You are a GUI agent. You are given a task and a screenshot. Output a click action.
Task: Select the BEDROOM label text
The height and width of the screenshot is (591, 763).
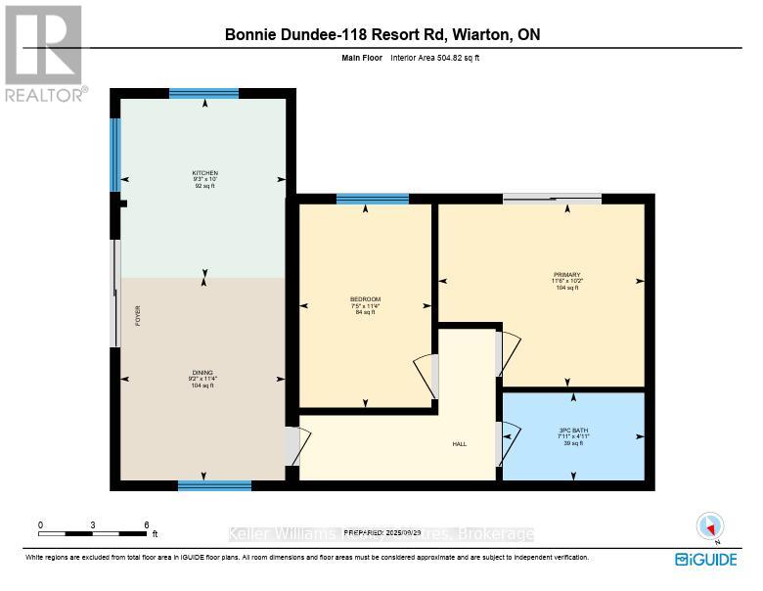point(365,298)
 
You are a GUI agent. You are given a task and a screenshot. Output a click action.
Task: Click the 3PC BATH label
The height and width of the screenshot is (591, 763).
point(573,431)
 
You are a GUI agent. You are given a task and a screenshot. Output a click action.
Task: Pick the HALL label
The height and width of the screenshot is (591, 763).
point(459,444)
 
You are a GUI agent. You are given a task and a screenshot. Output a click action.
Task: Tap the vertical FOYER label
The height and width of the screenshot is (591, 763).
point(138,315)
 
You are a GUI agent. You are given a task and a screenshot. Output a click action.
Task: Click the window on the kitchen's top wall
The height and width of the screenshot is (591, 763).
point(203,94)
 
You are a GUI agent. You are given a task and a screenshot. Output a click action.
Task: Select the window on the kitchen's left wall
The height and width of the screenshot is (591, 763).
point(115,155)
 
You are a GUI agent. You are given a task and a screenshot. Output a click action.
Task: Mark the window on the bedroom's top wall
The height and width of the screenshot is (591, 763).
point(372,199)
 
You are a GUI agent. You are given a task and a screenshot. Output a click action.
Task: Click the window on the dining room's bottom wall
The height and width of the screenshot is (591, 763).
point(214,484)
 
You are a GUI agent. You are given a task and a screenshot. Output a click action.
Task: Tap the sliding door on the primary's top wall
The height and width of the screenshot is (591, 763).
point(553,199)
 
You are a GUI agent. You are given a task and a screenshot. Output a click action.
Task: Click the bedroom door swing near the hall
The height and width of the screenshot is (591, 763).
point(426,376)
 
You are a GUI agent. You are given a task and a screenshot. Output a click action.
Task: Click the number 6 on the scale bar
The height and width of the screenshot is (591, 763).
point(146,525)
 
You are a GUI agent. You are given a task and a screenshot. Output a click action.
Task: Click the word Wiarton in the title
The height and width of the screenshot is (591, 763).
point(482,35)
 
